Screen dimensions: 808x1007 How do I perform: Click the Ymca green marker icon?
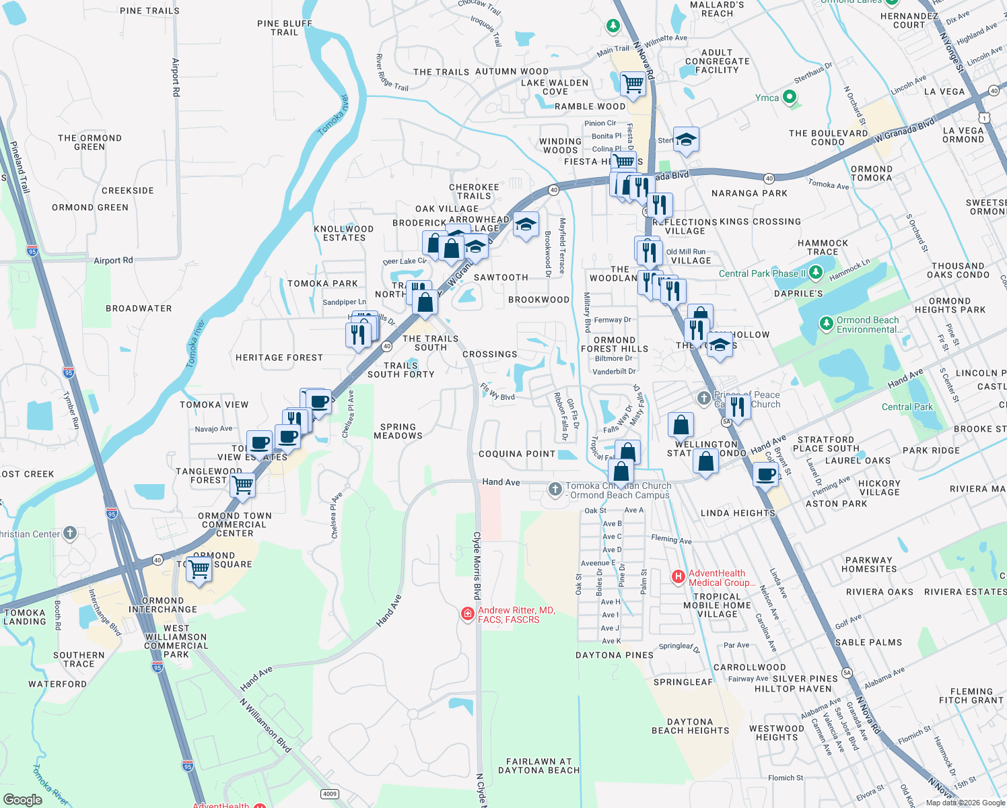click(x=790, y=98)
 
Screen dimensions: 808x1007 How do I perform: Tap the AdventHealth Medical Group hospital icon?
click(x=679, y=577)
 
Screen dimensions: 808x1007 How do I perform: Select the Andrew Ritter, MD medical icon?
click(x=467, y=614)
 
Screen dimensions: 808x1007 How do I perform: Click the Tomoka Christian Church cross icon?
click(x=555, y=490)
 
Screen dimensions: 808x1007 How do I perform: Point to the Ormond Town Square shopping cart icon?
click(x=199, y=569)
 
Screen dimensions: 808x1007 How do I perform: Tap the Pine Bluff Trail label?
click(x=285, y=28)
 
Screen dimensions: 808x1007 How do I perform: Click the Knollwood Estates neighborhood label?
click(x=344, y=233)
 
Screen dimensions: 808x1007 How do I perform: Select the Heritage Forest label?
click(x=279, y=358)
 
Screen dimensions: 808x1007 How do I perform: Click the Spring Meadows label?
click(x=398, y=431)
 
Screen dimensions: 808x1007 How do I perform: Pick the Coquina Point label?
click(x=517, y=454)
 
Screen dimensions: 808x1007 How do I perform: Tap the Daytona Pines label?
click(x=615, y=654)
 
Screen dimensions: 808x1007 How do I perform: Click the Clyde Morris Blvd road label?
click(x=477, y=566)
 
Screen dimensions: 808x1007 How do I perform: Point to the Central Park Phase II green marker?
click(x=816, y=273)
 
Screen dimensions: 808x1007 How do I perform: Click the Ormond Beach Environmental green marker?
click(x=827, y=324)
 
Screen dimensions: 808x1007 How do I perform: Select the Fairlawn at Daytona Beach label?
click(x=539, y=766)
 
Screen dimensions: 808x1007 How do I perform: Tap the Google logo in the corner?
click(x=23, y=799)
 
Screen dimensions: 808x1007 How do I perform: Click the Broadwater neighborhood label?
click(x=139, y=308)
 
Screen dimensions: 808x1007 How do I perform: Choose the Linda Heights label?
click(x=738, y=513)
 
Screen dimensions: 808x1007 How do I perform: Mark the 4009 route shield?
click(x=329, y=794)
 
